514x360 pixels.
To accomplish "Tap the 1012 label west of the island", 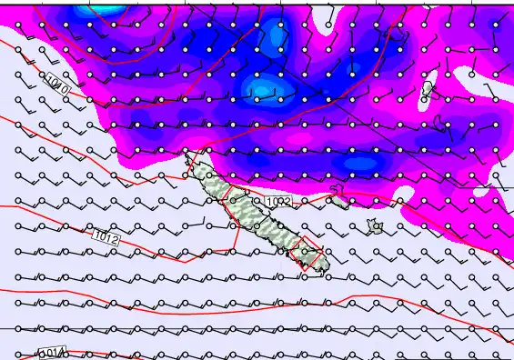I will [x=106, y=238].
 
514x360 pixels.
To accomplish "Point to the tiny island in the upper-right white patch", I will [x=428, y=89].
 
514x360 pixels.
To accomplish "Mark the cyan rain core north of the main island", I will [x=263, y=88].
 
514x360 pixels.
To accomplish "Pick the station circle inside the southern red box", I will [x=305, y=252].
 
